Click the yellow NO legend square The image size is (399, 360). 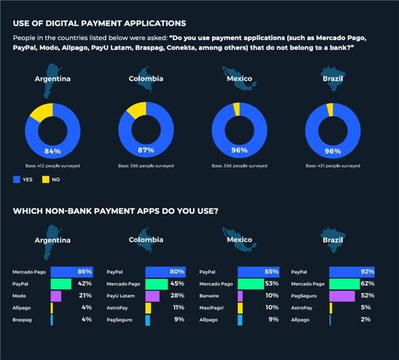pyautogui.click(x=46, y=179)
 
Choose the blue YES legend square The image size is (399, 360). pyautogui.click(x=17, y=179)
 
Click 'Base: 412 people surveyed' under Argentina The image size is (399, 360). pyautogui.click(x=52, y=165)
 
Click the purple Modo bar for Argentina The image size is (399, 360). pyautogui.click(x=55, y=296)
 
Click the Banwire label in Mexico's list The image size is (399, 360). pyautogui.click(x=210, y=296)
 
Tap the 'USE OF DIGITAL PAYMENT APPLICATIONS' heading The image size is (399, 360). pyautogui.click(x=99, y=24)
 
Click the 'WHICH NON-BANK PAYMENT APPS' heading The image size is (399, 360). pyautogui.click(x=116, y=212)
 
